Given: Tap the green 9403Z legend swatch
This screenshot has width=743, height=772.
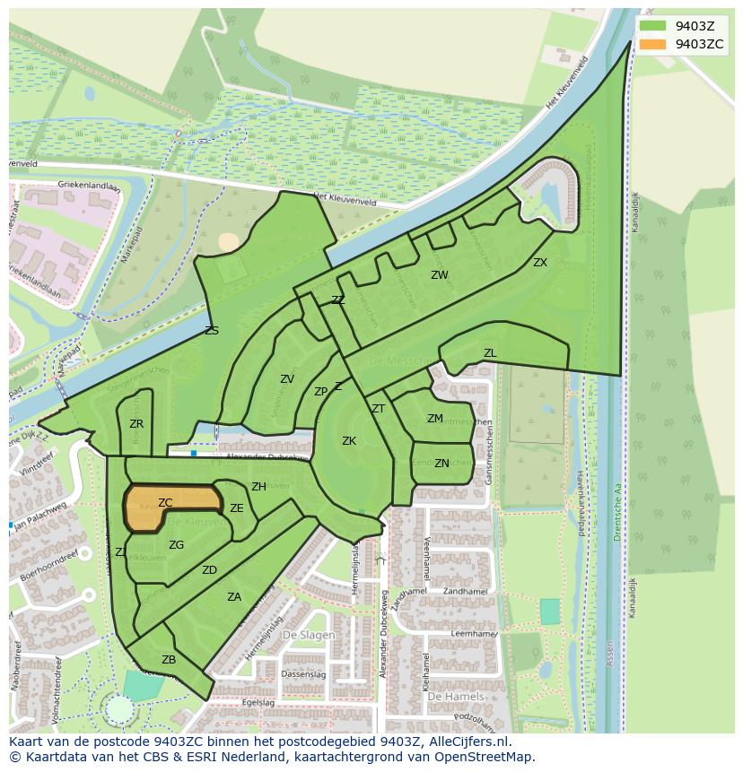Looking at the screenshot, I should tap(652, 26).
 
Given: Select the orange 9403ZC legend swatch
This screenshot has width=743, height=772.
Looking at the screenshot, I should tap(652, 44).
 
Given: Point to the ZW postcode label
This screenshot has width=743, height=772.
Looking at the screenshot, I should tap(439, 275).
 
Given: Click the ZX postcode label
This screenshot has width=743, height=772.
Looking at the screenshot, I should tap(539, 263).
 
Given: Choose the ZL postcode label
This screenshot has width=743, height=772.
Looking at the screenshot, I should tap(490, 353).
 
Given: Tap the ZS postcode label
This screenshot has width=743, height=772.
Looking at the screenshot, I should tap(212, 331).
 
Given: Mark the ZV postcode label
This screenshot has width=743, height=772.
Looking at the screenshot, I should tap(286, 379).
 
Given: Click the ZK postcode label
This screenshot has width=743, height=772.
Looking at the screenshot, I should tap(349, 441).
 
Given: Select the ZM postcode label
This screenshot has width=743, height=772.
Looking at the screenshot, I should tap(434, 419).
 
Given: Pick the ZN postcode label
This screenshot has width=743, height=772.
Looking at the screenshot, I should tap(441, 464).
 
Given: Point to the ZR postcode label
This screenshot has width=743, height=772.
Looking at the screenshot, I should tap(136, 424).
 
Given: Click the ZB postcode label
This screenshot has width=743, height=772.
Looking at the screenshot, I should tap(169, 660).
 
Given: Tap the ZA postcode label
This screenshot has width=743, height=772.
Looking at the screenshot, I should tap(234, 597).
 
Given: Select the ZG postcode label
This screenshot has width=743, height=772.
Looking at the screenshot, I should tap(177, 545).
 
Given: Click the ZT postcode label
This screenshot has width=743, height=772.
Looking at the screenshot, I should tap(378, 409).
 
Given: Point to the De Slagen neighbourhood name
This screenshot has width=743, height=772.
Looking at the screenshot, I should tap(308, 635).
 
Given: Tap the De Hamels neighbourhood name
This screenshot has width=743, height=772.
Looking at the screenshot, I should tap(455, 696).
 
